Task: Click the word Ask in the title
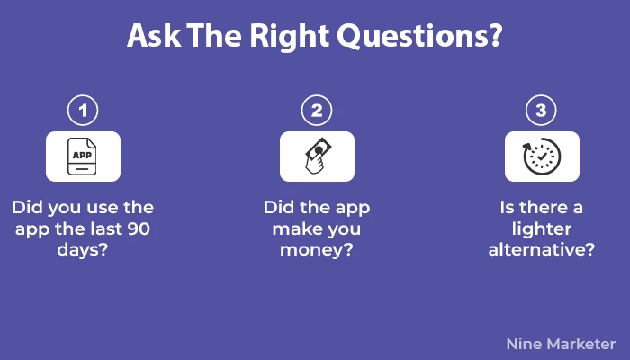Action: [x=154, y=36]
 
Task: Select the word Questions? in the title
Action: [x=419, y=36]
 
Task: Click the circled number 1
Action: [x=83, y=111]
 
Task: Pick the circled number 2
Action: [x=317, y=111]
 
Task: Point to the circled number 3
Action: [x=541, y=111]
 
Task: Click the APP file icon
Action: [x=82, y=157]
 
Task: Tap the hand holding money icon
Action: [x=318, y=156]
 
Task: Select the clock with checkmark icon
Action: [x=542, y=157]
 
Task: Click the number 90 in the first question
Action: [x=139, y=229]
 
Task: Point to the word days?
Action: [x=83, y=250]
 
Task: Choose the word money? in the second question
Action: [x=317, y=250]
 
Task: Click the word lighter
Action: [x=542, y=229]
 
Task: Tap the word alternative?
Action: [x=542, y=249]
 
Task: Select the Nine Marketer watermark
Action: [x=561, y=344]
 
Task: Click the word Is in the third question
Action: [x=507, y=208]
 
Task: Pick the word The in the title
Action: [x=214, y=36]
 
